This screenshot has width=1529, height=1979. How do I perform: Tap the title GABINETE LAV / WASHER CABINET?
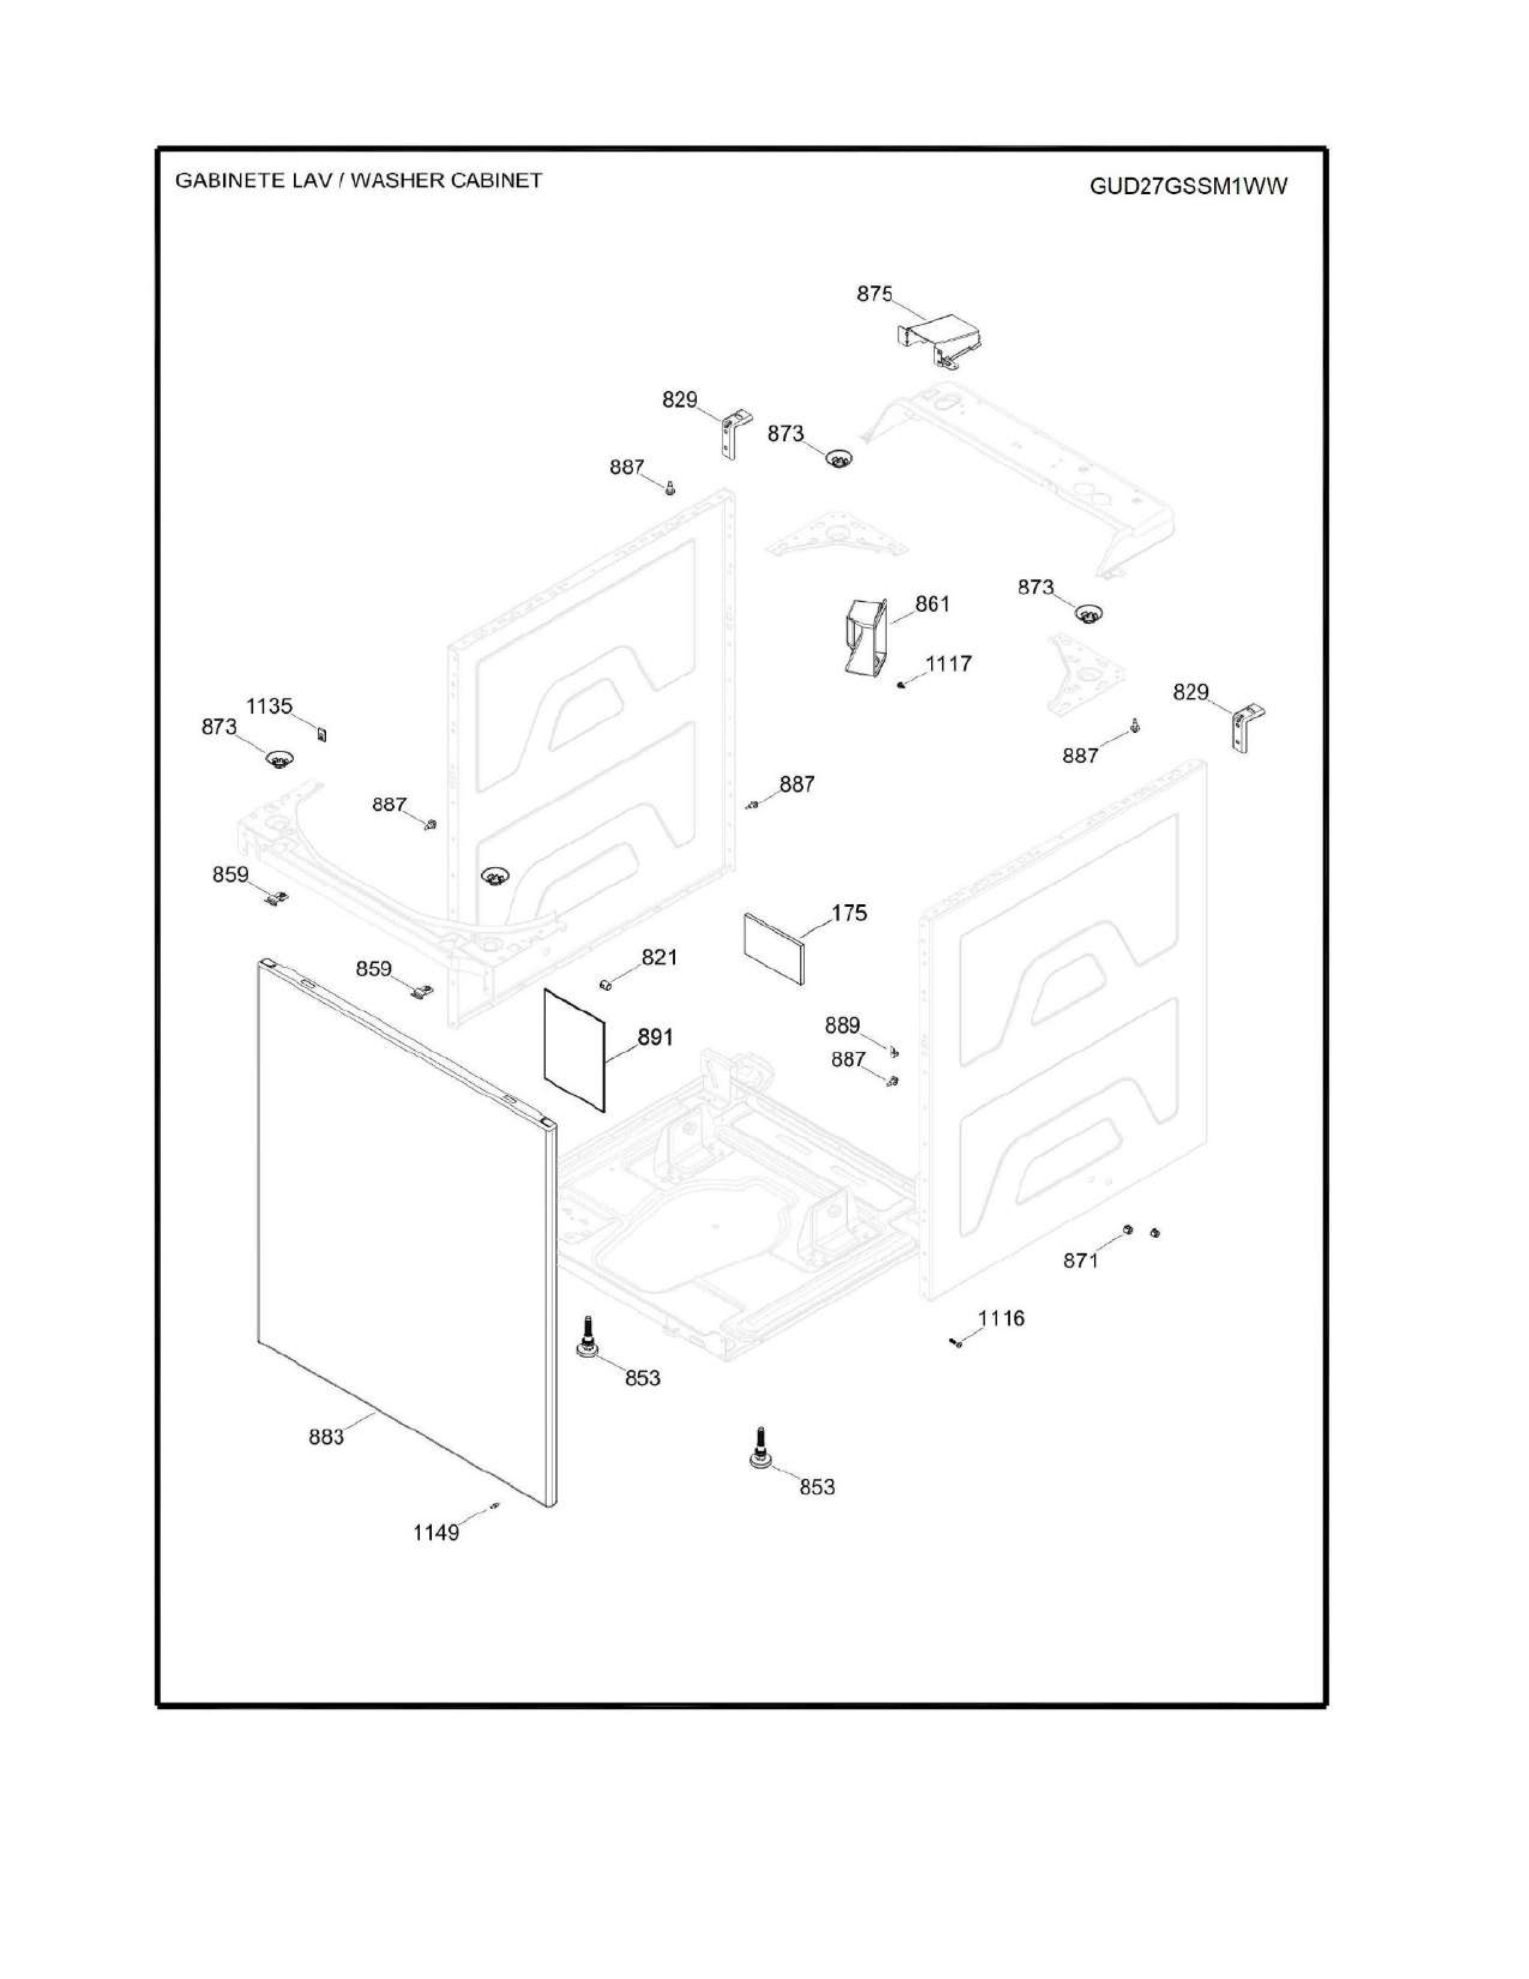(359, 181)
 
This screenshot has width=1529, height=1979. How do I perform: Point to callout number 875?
(874, 294)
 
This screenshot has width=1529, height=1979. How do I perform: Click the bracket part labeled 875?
(938, 340)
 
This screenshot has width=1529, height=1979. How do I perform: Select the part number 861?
(932, 603)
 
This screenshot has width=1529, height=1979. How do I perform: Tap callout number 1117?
(949, 663)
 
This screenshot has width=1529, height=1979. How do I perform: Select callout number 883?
(326, 1436)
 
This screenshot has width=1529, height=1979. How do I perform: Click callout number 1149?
(436, 1532)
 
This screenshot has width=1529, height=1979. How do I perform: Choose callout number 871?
(1080, 1261)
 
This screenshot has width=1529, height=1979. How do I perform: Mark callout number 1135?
(269, 706)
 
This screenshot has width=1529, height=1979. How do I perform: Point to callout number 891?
(655, 1037)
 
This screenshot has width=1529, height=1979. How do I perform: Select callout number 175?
(848, 913)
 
